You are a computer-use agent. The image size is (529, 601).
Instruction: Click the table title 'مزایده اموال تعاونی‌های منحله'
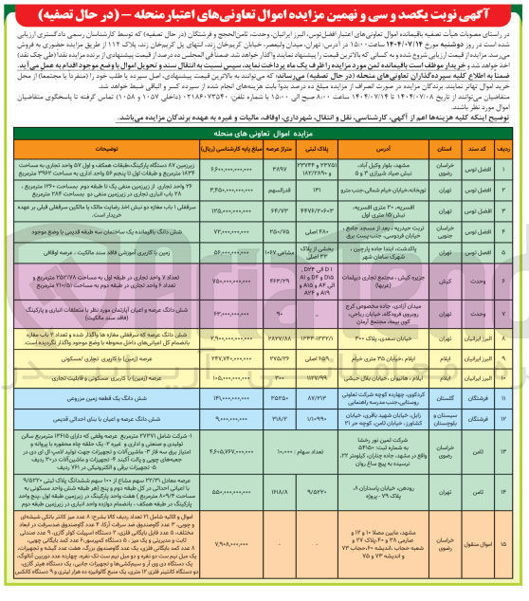click(x=264, y=136)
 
